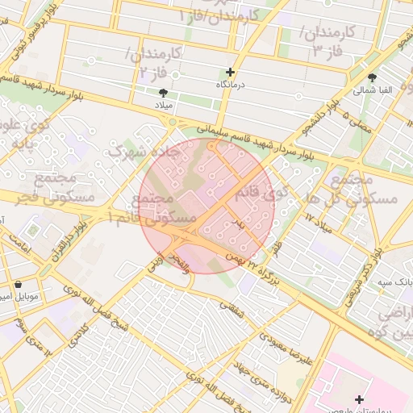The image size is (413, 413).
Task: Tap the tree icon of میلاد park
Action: [x=164, y=93]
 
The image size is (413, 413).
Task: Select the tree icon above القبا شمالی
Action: [x=372, y=78]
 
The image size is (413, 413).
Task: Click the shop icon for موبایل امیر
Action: [x=19, y=284]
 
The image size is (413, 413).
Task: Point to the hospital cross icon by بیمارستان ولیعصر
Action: [x=359, y=399]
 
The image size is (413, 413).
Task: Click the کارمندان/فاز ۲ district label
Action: [x=153, y=62]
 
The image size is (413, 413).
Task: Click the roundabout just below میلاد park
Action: [x=172, y=122]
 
